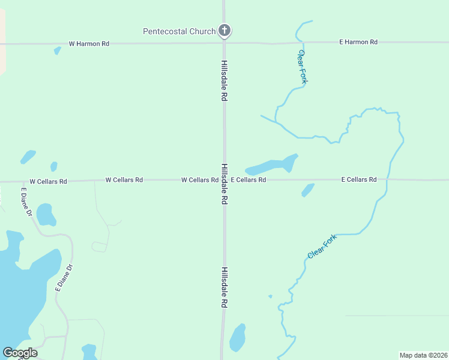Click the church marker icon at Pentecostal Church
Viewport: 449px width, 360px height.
(x=224, y=30)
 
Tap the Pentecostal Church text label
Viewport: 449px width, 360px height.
(x=179, y=31)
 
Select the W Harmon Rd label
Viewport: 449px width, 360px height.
(x=89, y=44)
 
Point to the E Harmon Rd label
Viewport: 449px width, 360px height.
(x=358, y=42)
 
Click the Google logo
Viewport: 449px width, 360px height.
(x=19, y=353)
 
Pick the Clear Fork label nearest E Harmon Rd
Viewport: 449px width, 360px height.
(x=303, y=67)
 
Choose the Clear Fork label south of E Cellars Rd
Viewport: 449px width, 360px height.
(x=322, y=247)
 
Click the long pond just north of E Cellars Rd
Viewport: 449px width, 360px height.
(x=272, y=165)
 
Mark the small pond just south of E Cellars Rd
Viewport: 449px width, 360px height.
(x=308, y=190)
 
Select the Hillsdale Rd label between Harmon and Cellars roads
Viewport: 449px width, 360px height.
(x=224, y=80)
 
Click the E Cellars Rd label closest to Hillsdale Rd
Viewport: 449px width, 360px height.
(x=249, y=179)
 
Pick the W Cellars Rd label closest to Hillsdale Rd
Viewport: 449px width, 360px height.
(x=200, y=180)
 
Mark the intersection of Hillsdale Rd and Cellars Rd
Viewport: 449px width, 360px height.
(x=224, y=179)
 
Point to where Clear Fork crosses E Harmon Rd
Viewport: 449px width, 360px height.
(x=303, y=43)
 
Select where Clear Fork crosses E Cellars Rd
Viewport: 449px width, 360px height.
(x=387, y=179)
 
